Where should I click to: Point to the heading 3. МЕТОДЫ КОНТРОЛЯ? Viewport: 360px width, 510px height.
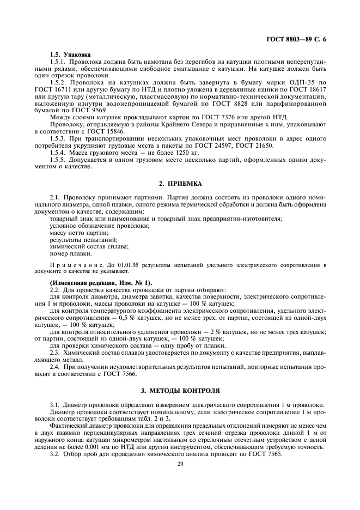coord(180,391)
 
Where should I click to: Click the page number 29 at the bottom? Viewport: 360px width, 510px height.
coord(180,464)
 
